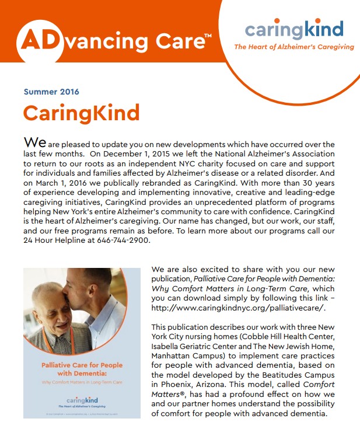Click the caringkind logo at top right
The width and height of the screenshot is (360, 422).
pos(293,29)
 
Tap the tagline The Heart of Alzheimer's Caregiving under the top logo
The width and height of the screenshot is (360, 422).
pos(293,47)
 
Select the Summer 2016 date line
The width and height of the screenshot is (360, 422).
pos(51,92)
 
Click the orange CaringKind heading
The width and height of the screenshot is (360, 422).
pos(81,112)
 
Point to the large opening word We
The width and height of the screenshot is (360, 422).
pos(34,143)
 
